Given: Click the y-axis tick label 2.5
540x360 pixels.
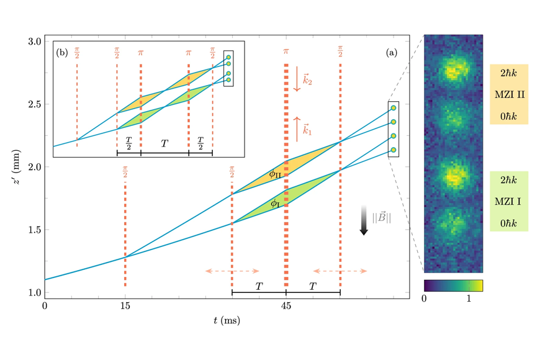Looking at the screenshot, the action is (x=34, y=104).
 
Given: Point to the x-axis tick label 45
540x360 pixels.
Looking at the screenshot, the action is (x=286, y=306).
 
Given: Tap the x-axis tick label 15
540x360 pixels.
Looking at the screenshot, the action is (x=125, y=306).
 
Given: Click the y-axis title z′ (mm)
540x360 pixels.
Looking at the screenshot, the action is (x=16, y=167).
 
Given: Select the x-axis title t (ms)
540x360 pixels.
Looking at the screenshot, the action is (x=227, y=321).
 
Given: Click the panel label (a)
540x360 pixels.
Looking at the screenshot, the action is (x=392, y=53).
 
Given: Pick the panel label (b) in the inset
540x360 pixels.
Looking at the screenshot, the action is (x=62, y=53).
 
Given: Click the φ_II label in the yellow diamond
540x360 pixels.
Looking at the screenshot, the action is (x=275, y=174).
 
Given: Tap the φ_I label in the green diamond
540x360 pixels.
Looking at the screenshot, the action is (x=274, y=204).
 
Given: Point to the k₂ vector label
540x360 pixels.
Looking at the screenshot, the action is (x=307, y=80).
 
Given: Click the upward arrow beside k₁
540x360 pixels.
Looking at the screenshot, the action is (x=297, y=129).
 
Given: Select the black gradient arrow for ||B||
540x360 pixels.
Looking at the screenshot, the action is (x=364, y=220).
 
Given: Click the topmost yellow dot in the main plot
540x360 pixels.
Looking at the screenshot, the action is (x=394, y=108).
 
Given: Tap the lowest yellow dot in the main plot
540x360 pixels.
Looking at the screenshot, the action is (x=394, y=150).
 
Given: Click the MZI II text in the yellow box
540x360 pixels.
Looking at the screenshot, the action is (x=510, y=94).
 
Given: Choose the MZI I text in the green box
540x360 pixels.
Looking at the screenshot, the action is (x=508, y=202).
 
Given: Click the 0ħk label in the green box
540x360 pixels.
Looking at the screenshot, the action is (x=509, y=223).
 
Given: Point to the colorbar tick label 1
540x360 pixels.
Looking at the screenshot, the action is (x=469, y=299).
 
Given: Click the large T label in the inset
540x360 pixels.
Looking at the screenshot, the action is (x=164, y=143).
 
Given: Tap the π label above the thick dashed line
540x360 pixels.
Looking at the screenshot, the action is (x=286, y=52).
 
